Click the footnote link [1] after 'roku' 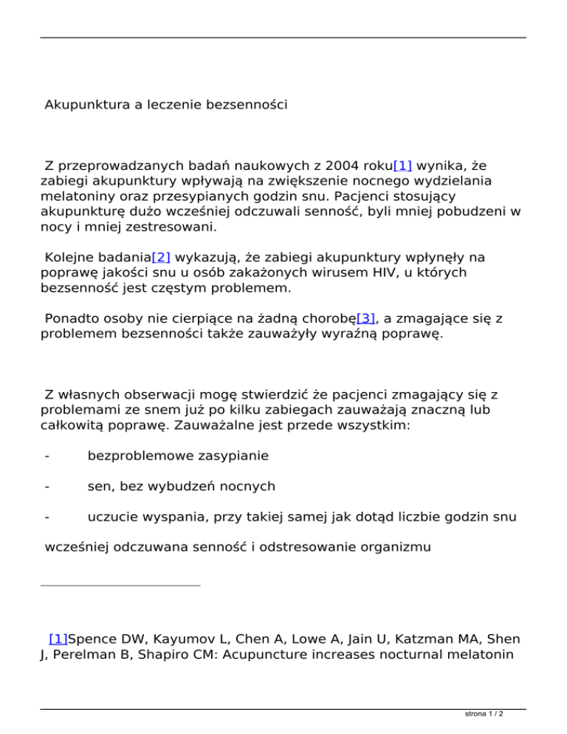point(402,165)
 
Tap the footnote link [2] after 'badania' point(161,258)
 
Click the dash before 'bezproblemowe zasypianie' point(47,456)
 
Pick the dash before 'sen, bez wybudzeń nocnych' point(47,487)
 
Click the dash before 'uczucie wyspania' point(47,517)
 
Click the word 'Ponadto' point(71,319)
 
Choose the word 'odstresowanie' point(283,548)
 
